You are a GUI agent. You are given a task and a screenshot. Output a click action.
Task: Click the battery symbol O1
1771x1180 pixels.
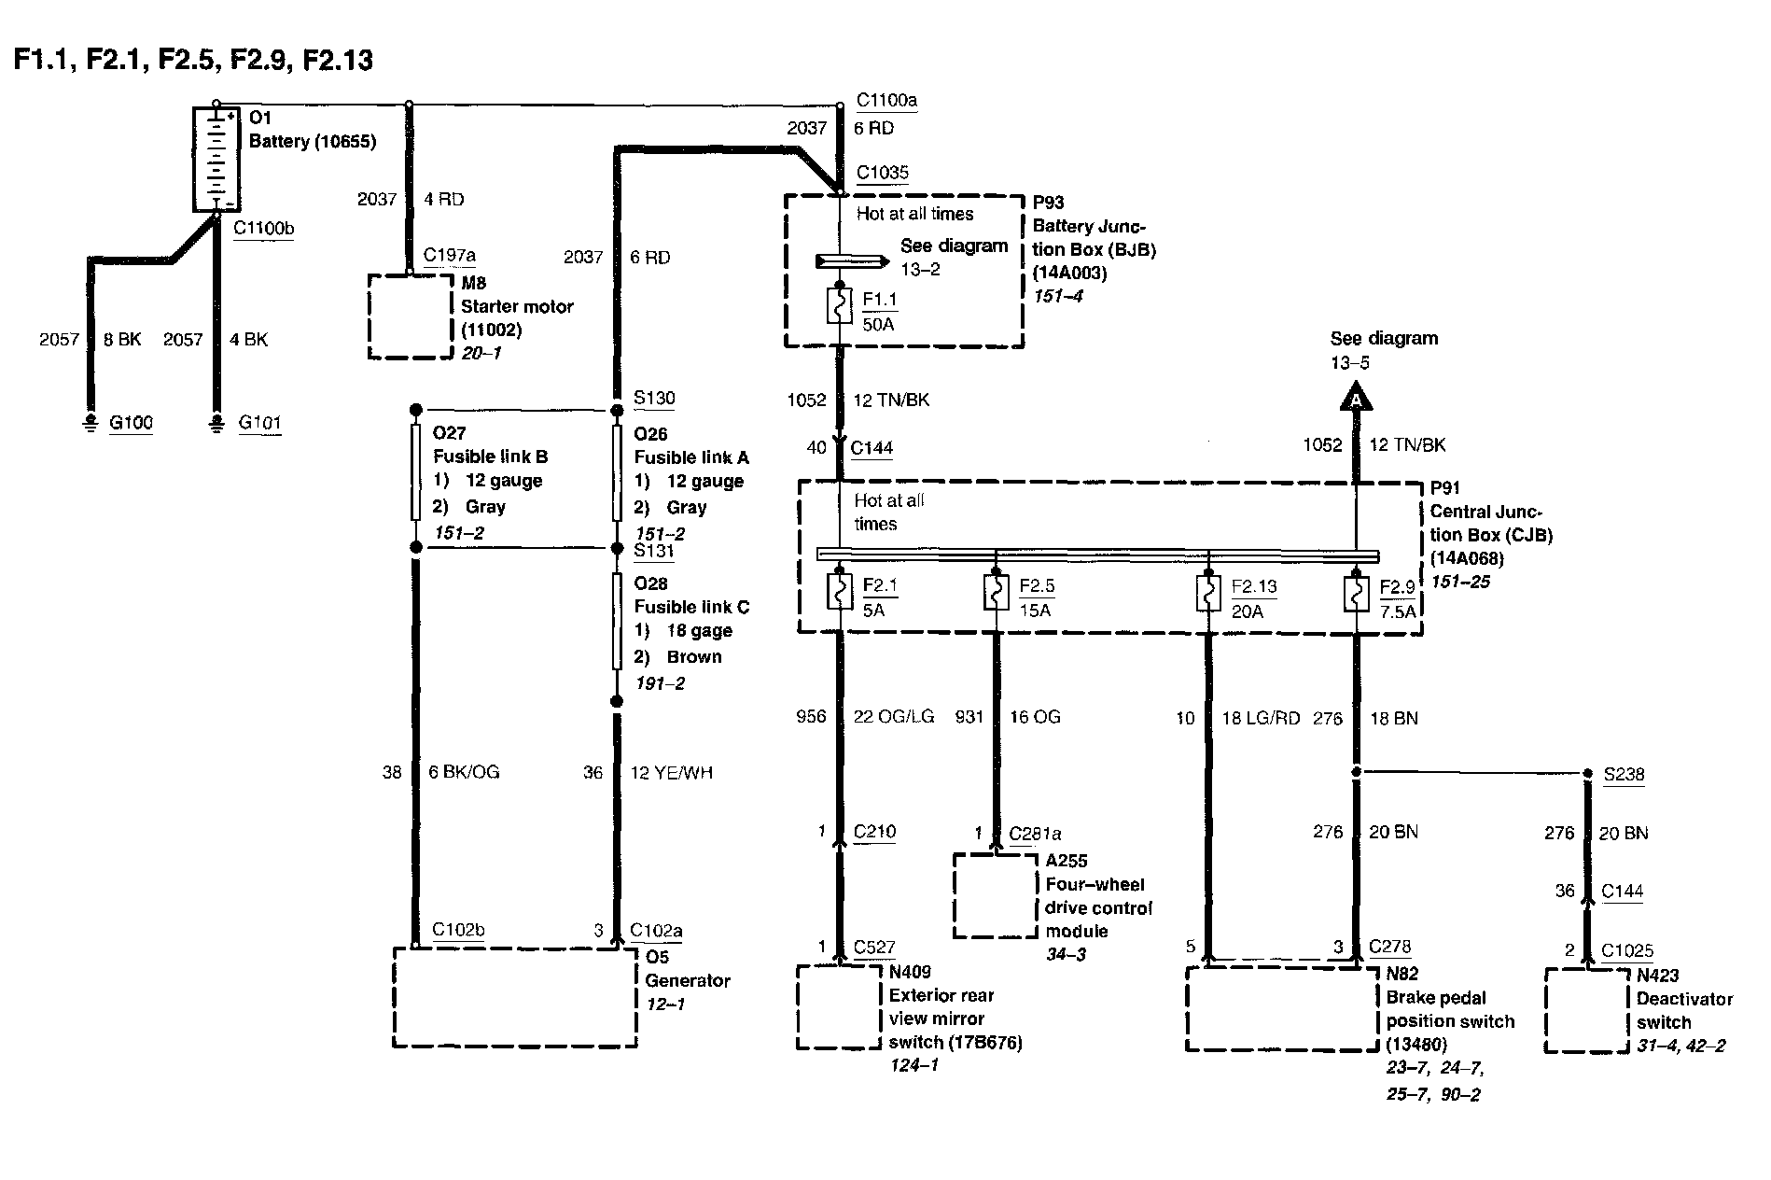216,159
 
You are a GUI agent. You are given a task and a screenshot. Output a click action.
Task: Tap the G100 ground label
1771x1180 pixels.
131,423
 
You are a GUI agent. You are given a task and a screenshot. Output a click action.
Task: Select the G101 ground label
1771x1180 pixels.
259,423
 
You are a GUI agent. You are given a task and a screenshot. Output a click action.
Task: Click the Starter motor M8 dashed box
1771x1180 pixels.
411,316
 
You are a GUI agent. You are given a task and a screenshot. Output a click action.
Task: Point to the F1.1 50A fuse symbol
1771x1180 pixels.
840,306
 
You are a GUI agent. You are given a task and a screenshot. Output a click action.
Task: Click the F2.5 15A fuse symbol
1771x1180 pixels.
997,593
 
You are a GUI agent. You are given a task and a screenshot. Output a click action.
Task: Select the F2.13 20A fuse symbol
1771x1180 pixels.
1208,593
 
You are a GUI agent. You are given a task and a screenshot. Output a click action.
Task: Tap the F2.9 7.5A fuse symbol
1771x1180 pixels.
1356,593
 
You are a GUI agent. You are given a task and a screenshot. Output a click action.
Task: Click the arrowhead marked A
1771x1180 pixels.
1356,400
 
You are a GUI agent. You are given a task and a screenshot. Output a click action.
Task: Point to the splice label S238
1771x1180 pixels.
1624,775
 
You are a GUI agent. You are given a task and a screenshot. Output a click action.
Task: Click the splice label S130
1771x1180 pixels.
654,399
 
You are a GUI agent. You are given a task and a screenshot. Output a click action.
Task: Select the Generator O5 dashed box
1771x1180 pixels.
515,997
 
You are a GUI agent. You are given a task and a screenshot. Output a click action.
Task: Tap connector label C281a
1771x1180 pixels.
1035,834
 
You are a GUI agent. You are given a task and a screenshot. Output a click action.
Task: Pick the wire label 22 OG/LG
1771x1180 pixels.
894,717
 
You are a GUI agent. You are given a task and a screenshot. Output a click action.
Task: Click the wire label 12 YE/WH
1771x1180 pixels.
671,773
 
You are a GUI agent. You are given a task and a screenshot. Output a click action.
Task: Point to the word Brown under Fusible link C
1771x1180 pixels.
694,657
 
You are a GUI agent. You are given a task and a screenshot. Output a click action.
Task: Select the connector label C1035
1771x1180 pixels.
883,173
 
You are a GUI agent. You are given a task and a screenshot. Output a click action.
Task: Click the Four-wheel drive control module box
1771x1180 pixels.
995,895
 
